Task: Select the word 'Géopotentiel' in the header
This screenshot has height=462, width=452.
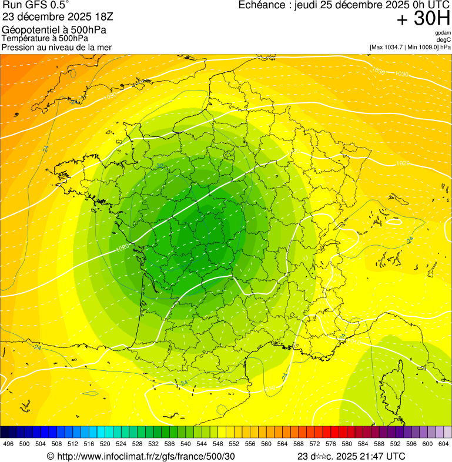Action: (26, 29)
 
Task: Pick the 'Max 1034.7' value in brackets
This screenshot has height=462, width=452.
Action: (391, 46)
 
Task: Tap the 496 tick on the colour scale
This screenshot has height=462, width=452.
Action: (8, 444)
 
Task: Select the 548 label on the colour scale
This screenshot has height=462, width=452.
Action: (217, 444)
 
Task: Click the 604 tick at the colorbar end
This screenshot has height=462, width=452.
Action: (444, 444)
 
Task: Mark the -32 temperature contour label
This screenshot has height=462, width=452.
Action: (160, 166)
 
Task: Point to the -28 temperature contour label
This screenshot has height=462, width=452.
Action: (75, 102)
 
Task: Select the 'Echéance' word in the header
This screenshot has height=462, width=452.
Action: (264, 5)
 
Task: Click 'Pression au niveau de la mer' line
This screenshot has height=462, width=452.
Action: (56, 47)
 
